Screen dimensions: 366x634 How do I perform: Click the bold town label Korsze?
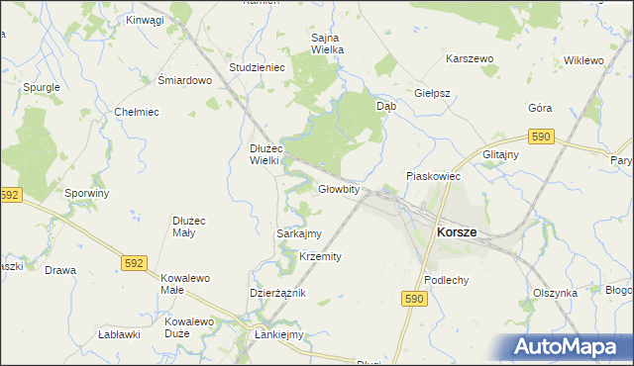456,231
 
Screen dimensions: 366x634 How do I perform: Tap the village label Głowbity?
338,189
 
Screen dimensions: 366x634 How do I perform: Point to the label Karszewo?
470,59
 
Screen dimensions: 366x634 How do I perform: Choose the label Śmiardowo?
185,80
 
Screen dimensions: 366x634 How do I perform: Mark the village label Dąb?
386,104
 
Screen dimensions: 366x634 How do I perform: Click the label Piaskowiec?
434,176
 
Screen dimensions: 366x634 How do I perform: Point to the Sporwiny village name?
86,193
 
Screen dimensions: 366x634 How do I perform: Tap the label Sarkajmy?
298,234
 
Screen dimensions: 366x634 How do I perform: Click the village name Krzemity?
320,256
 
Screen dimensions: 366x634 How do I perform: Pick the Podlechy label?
446,280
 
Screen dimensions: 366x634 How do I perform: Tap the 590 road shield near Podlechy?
416,298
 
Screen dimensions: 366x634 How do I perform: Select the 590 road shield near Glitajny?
539,136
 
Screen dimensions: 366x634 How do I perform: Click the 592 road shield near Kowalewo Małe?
136,262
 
